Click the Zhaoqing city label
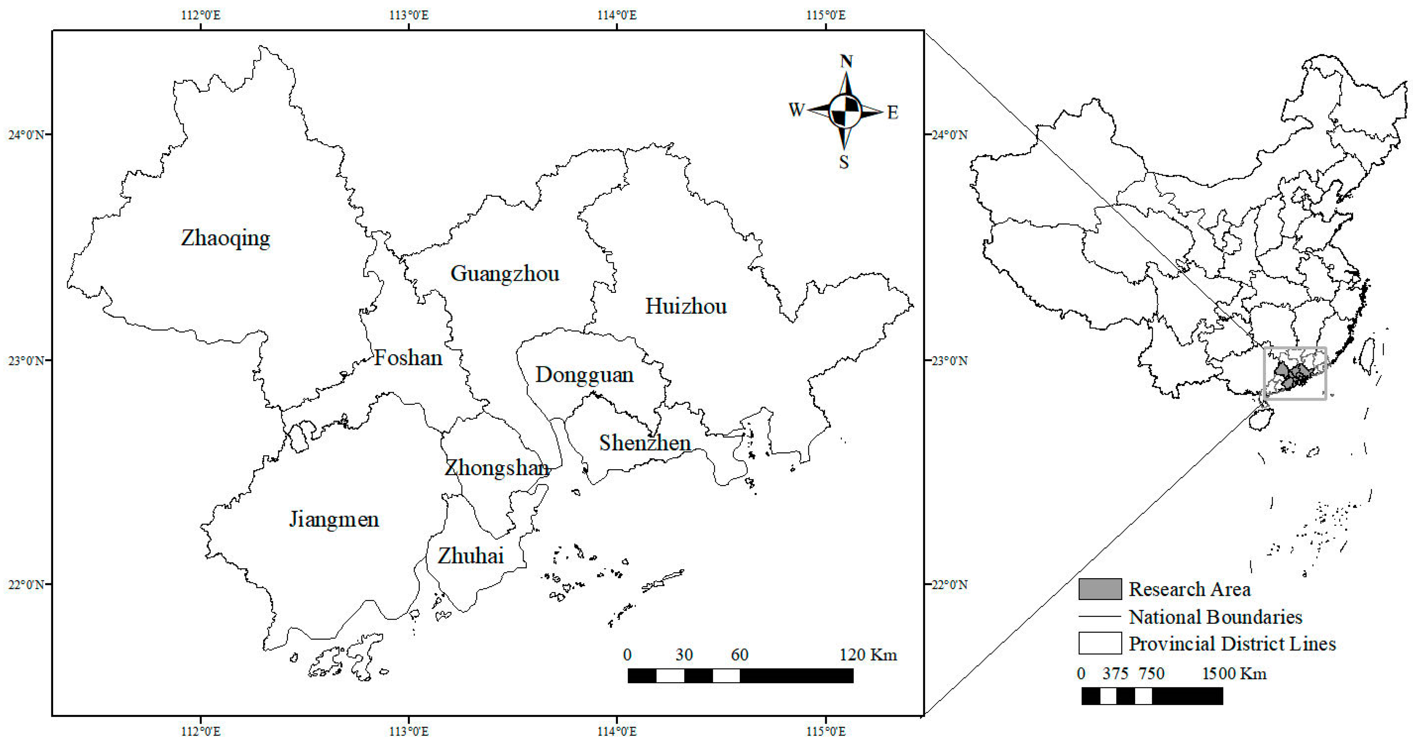click(x=225, y=238)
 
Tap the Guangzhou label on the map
click(x=505, y=273)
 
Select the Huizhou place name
click(x=686, y=306)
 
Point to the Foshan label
click(x=408, y=358)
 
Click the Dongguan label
click(x=584, y=375)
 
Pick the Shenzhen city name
click(x=645, y=443)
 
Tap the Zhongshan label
click(x=497, y=468)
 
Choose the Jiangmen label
click(x=334, y=519)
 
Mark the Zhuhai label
click(x=470, y=556)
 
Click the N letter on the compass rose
click(x=846, y=61)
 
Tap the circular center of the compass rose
click(x=845, y=111)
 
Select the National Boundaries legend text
click(x=1215, y=617)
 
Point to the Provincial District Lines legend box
click(x=1099, y=643)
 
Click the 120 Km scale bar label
click(x=868, y=655)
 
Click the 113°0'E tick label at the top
click(x=409, y=15)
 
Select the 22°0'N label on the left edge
click(x=26, y=585)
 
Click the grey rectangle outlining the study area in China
click(x=1295, y=348)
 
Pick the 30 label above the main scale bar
click(x=684, y=655)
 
